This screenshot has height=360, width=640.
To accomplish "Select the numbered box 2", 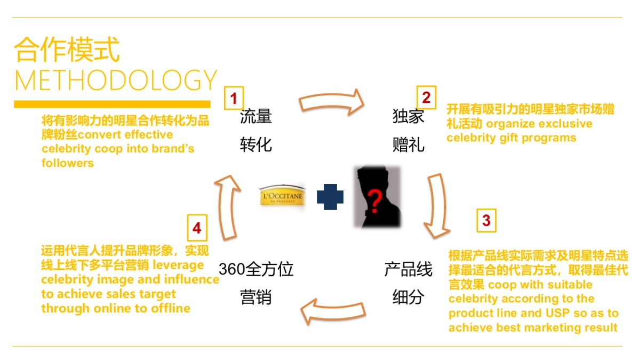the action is click(x=426, y=97).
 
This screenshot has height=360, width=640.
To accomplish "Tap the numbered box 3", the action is click(x=486, y=220).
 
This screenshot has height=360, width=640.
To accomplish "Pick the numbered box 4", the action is click(x=197, y=228).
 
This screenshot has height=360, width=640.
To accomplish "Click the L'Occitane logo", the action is click(x=282, y=196).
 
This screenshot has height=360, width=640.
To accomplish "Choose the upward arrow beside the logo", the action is click(x=227, y=208).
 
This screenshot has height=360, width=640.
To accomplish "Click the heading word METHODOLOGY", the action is click(x=116, y=80).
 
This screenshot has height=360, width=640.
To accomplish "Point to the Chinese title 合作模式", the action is click(x=67, y=50).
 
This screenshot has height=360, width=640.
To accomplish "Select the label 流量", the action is click(x=256, y=116).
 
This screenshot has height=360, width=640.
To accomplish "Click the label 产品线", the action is click(x=409, y=269).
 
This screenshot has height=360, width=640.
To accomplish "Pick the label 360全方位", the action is click(x=256, y=269).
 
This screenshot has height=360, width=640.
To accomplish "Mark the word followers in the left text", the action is click(x=68, y=163).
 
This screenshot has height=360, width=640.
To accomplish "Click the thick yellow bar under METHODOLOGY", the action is click(x=112, y=104).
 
